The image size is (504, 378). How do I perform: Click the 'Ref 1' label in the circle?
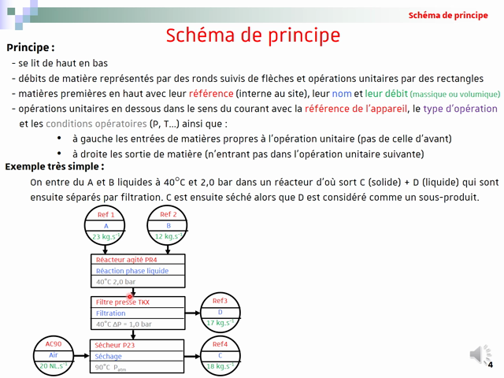click(x=106, y=215)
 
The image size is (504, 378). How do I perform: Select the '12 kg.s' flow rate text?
click(x=168, y=236)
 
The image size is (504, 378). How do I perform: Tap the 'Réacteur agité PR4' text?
click(x=126, y=260)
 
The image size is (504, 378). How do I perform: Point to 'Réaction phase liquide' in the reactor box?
click(x=132, y=271)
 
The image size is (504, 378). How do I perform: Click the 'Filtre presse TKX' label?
click(x=123, y=302)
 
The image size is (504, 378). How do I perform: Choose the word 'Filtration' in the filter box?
click(x=111, y=313)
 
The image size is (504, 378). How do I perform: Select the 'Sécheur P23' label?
click(x=115, y=345)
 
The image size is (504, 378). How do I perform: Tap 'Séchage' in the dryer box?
click(x=109, y=356)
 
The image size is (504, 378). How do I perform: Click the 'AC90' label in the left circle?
click(x=54, y=344)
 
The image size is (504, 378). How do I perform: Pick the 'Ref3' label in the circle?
click(x=220, y=302)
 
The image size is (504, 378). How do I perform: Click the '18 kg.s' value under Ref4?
click(x=220, y=366)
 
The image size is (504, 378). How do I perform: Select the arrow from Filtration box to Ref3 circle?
click(x=193, y=313)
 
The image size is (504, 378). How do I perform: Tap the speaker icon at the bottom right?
click(x=479, y=354)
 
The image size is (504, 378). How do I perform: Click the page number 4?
click(x=491, y=365)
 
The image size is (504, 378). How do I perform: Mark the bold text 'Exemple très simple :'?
click(x=54, y=167)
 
